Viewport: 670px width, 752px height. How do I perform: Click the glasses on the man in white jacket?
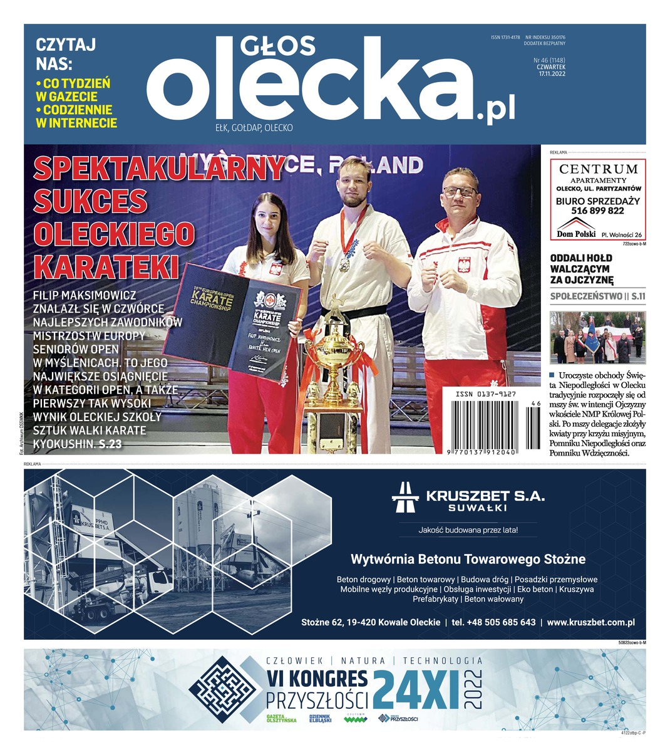tap(460, 191)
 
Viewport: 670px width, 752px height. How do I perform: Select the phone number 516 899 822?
tap(598, 211)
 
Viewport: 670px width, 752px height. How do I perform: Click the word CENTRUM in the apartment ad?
tap(598, 169)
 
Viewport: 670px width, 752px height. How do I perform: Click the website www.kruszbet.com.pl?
tap(590, 622)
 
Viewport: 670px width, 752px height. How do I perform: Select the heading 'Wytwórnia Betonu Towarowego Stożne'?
tap(468, 558)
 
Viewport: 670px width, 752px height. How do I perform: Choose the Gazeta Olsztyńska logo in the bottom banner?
tap(281, 719)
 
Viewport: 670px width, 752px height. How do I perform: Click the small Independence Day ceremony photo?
tap(597, 338)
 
